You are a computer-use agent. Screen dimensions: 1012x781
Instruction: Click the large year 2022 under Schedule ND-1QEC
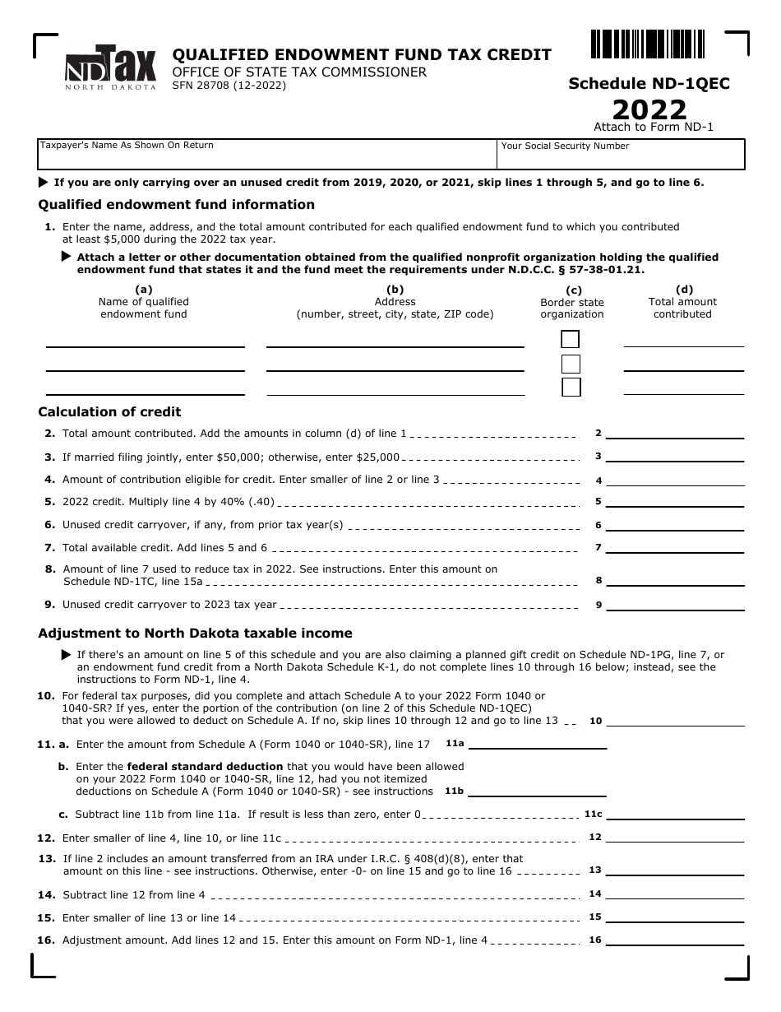(x=649, y=109)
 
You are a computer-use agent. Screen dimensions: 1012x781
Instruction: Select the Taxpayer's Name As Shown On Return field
(x=267, y=154)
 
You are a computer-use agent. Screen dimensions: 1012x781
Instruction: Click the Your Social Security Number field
(x=621, y=154)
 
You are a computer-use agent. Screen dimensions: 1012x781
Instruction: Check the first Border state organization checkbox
(x=570, y=339)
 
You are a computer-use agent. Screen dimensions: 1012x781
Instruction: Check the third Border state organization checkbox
(x=570, y=387)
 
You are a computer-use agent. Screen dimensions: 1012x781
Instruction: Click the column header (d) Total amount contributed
(x=683, y=302)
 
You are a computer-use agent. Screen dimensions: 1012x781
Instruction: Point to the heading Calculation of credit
(x=109, y=412)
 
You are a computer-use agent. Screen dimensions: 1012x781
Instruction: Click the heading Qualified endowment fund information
(x=176, y=205)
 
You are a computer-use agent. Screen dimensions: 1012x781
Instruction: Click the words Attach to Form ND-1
(x=654, y=127)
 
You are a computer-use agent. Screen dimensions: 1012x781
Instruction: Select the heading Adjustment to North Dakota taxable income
(x=195, y=634)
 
